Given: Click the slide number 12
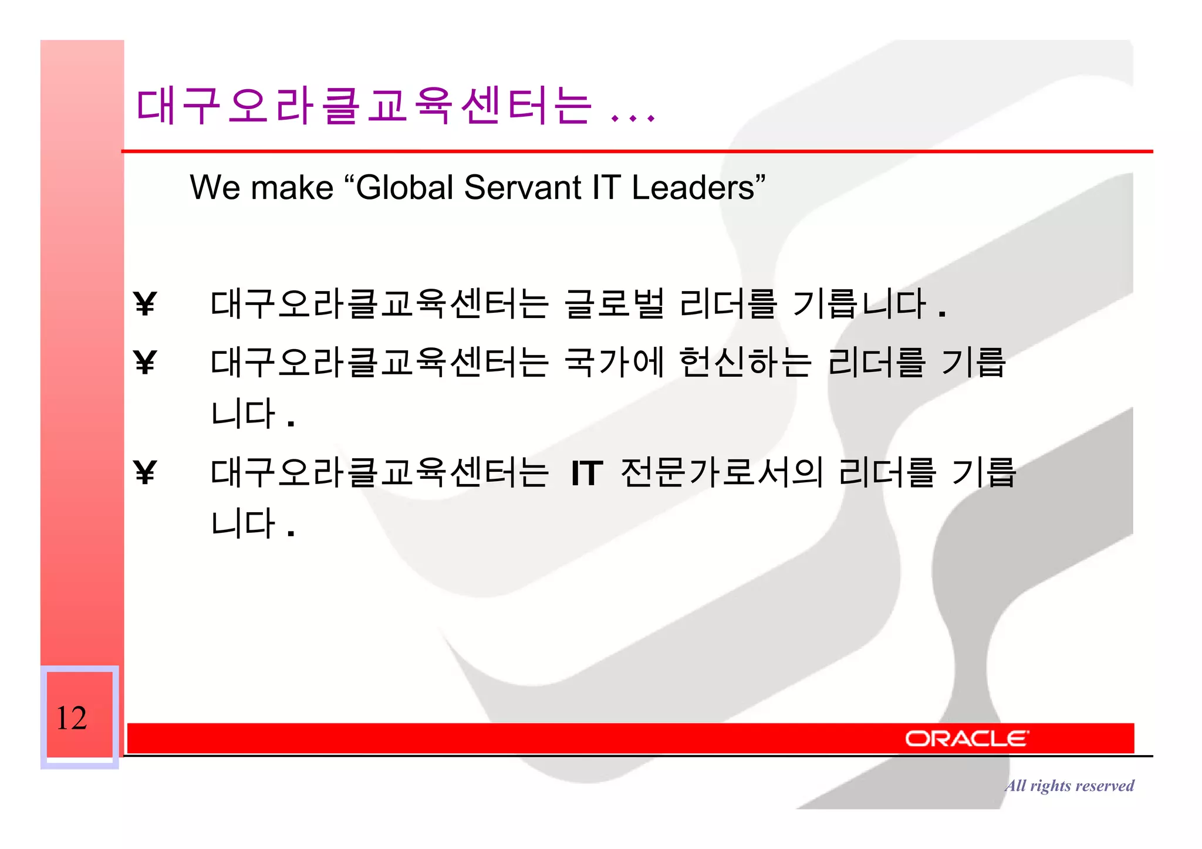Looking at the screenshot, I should [72, 718].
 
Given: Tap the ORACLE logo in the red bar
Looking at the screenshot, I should [966, 739].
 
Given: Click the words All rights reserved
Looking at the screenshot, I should [1069, 786].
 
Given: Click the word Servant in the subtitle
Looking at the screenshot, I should [522, 188].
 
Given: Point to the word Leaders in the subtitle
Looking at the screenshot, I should [693, 188].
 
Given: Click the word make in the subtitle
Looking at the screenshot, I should [292, 189].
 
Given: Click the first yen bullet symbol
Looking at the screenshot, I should [145, 304].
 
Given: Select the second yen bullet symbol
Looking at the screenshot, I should [145, 362].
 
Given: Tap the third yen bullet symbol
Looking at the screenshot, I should [145, 472].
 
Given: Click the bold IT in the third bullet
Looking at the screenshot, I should [587, 473].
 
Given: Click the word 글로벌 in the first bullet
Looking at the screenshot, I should [614, 303].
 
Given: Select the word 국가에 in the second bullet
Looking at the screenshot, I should [614, 361].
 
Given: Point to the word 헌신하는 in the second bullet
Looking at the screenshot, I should [745, 361].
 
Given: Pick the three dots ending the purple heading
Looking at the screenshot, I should [633, 117].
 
